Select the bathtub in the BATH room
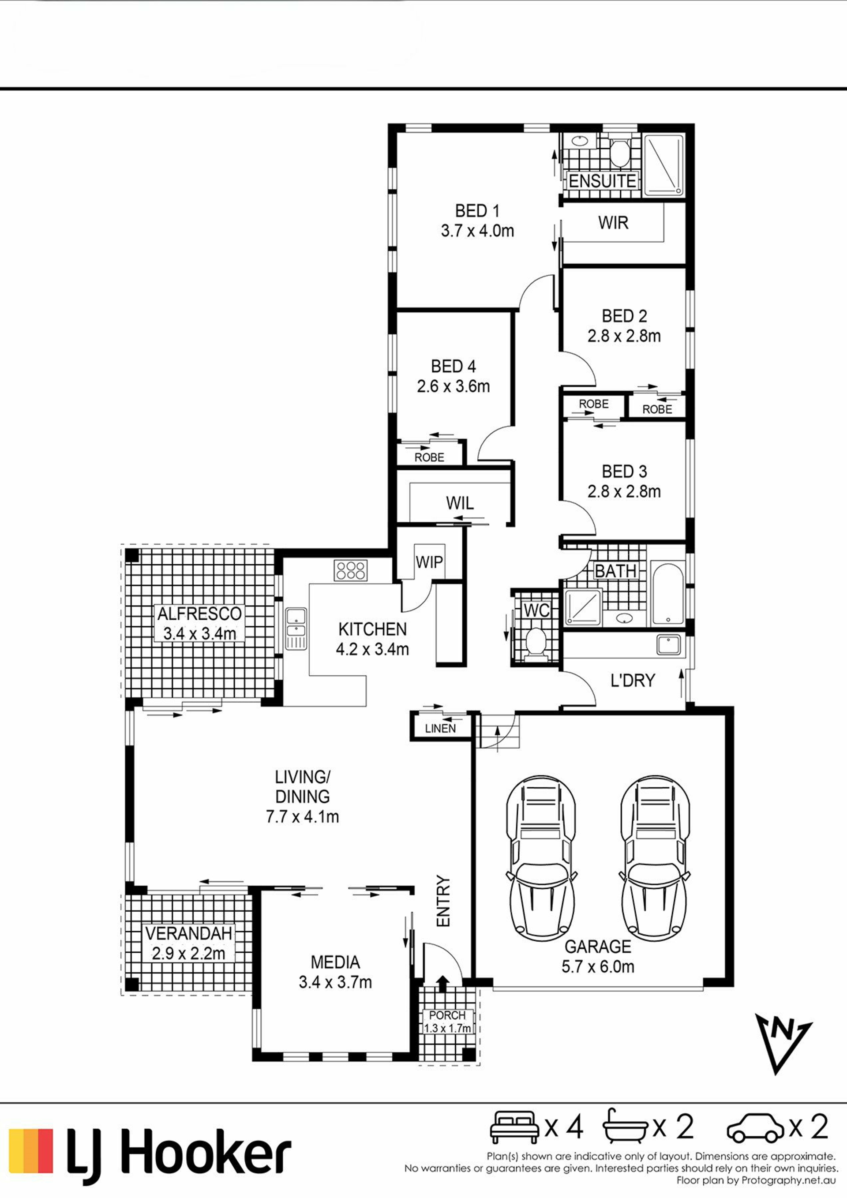667,593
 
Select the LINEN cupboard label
440,728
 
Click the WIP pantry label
429,562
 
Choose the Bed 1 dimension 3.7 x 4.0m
477,231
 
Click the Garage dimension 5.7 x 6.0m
598,966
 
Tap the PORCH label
447,1015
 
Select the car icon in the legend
755,1128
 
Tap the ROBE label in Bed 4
430,457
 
